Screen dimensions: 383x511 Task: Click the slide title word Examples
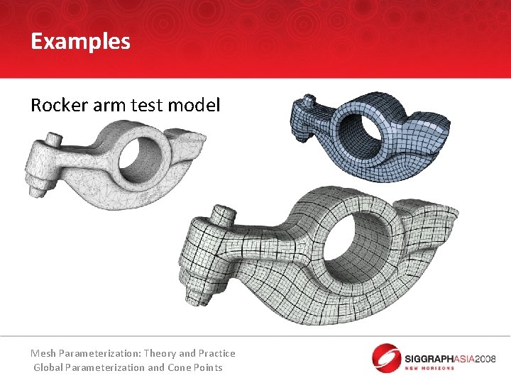(x=80, y=42)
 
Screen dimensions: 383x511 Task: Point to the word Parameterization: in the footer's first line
(x=100, y=353)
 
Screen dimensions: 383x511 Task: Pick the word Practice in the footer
(x=217, y=353)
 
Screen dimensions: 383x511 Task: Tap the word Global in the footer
(x=48, y=367)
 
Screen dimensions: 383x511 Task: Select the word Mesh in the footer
(x=43, y=353)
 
